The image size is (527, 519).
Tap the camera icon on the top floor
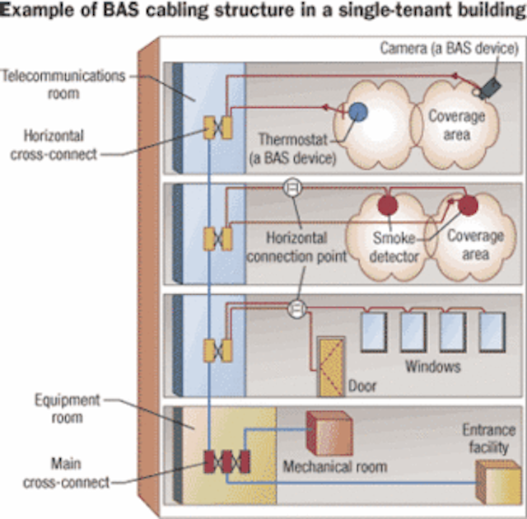492,86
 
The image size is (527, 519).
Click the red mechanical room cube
329,432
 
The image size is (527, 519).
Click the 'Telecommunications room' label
64,84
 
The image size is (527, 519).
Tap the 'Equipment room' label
67,409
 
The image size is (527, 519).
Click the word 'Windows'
431,365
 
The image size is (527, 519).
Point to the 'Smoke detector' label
396,246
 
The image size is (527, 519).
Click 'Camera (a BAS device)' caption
447,48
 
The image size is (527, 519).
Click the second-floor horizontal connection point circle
290,189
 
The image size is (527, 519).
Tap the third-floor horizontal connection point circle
296,309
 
